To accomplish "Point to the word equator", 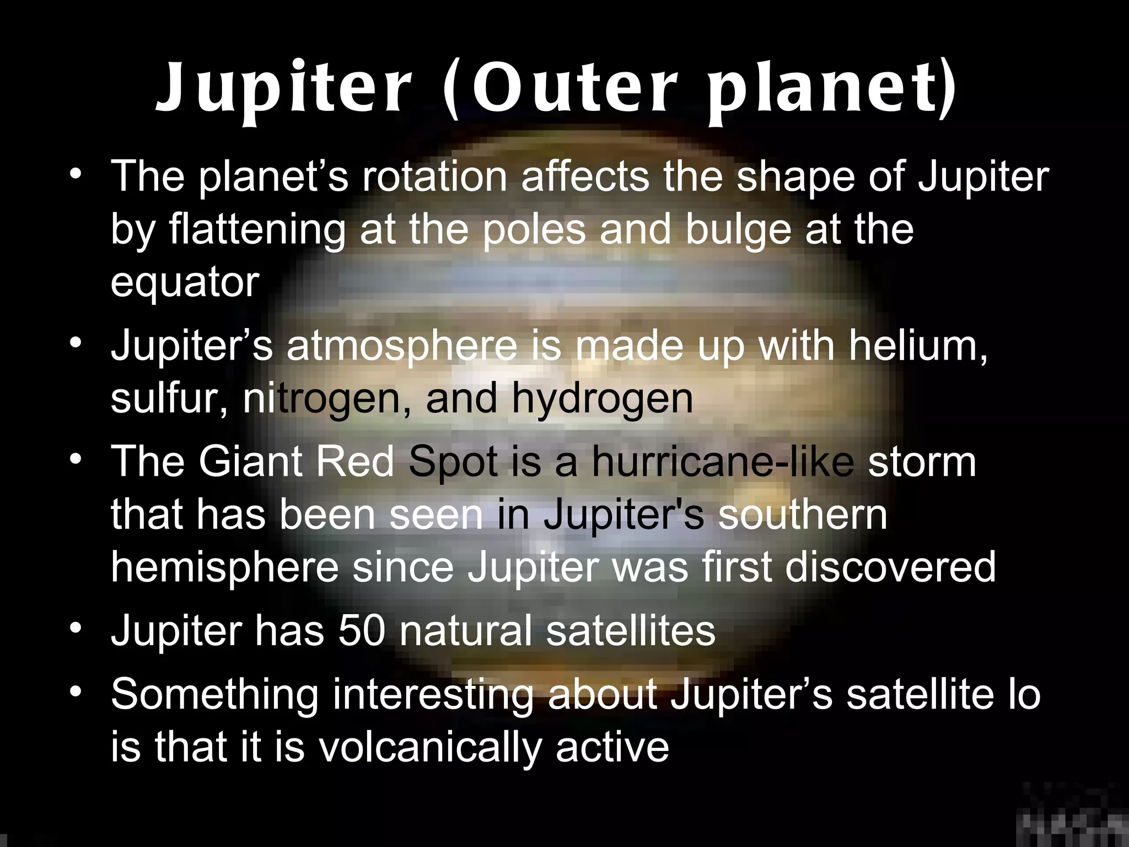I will coord(185,282).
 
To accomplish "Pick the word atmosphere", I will coord(402,346).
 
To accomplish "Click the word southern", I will coord(803,514).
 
